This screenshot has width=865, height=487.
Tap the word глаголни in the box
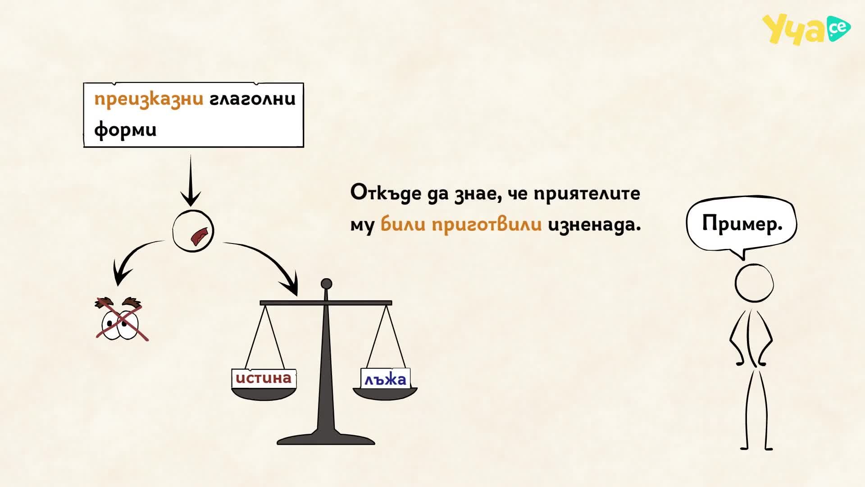click(253, 99)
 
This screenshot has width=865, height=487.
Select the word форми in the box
click(125, 130)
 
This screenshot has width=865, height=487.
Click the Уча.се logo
click(806, 29)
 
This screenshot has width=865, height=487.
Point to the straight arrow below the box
click(191, 180)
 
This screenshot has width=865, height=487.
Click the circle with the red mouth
click(193, 231)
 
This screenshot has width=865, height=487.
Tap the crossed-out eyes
click(121, 318)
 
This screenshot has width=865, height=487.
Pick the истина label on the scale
click(264, 378)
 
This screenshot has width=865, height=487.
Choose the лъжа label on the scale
click(385, 379)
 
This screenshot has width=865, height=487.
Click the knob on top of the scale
click(326, 284)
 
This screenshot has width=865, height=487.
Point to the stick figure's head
click(754, 283)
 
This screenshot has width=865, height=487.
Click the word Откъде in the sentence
click(386, 193)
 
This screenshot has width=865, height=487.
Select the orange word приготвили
click(487, 224)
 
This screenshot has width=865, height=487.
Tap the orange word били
click(403, 224)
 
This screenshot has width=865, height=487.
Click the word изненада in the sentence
click(594, 224)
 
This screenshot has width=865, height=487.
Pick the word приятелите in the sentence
click(587, 193)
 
